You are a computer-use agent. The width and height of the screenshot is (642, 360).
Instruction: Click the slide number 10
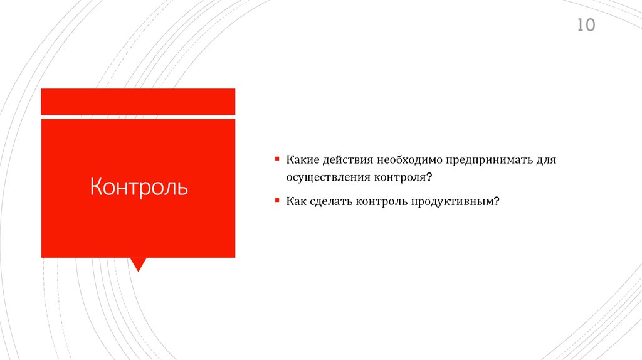[586, 26]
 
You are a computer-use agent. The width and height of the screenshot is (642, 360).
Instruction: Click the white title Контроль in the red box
[139, 187]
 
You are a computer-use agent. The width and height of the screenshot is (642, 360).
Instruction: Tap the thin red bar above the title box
[138, 102]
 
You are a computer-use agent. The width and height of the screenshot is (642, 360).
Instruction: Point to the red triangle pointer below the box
[138, 264]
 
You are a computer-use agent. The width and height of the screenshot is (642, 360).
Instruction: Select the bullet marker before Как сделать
[276, 201]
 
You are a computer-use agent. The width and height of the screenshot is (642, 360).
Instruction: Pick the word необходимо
[410, 161]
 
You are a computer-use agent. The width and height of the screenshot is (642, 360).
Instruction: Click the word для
[546, 161]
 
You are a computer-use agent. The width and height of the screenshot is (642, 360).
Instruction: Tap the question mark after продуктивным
[495, 202]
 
